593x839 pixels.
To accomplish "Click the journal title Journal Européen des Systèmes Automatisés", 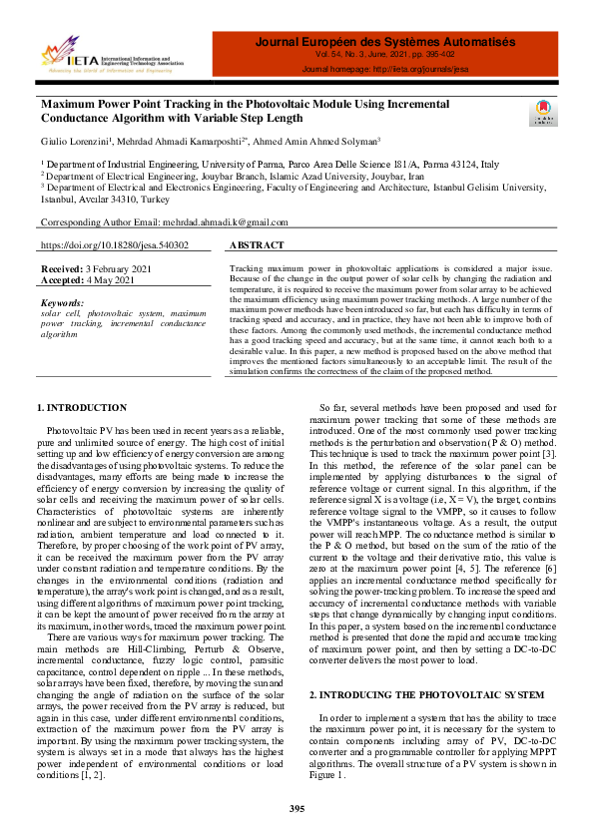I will coord(384,43).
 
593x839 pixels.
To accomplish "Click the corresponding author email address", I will coord(226,222).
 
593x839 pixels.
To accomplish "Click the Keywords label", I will coord(62,302).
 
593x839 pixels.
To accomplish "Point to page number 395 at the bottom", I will coord(296,808).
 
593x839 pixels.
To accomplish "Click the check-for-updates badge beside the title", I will coord(540,112).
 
